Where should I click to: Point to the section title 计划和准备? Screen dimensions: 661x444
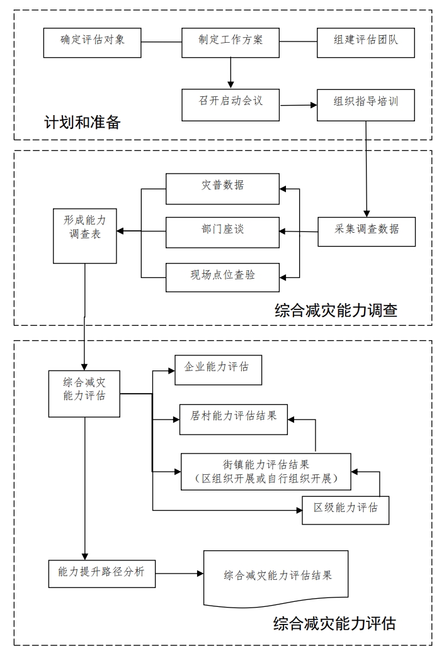(x=82, y=123)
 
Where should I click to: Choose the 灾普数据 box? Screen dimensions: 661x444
(x=222, y=188)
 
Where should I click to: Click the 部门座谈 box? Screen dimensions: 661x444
(x=222, y=232)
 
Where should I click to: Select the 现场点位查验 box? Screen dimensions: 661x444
(x=222, y=276)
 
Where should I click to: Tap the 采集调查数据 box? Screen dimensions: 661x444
(x=367, y=231)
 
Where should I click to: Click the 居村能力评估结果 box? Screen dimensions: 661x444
(x=233, y=419)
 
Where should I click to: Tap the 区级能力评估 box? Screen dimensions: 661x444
(x=346, y=510)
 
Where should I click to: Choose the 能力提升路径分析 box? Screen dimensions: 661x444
(x=102, y=573)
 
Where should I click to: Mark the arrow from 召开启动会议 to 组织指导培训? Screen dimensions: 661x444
(x=298, y=105)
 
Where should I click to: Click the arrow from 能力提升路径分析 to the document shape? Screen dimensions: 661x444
(x=179, y=573)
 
